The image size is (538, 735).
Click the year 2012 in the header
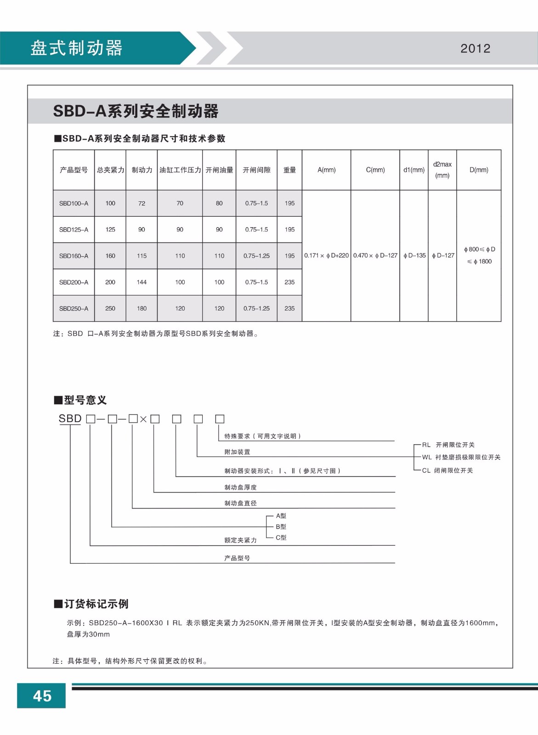(x=475, y=48)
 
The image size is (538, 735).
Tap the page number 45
(x=42, y=695)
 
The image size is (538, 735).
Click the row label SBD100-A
(x=74, y=203)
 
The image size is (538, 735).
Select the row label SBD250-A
(x=74, y=309)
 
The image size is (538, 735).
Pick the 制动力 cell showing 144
(x=142, y=282)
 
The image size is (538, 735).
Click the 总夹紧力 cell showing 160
(x=110, y=256)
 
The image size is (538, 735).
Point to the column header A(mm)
(x=326, y=170)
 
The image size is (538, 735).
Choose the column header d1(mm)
(x=413, y=170)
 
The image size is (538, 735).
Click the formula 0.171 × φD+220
(x=326, y=255)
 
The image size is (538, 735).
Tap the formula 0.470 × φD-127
(x=375, y=255)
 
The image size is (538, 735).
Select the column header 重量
(x=289, y=170)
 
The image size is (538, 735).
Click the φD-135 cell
(x=414, y=255)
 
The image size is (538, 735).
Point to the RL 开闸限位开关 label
(x=448, y=445)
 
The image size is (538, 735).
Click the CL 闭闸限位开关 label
(x=447, y=470)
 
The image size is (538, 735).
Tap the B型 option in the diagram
(x=281, y=526)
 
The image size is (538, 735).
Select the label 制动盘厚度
(x=240, y=487)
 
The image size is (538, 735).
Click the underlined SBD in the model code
(x=70, y=418)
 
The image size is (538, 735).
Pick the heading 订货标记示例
(x=96, y=604)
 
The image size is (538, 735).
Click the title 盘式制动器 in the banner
(x=76, y=48)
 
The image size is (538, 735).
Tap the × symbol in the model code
(x=143, y=419)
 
